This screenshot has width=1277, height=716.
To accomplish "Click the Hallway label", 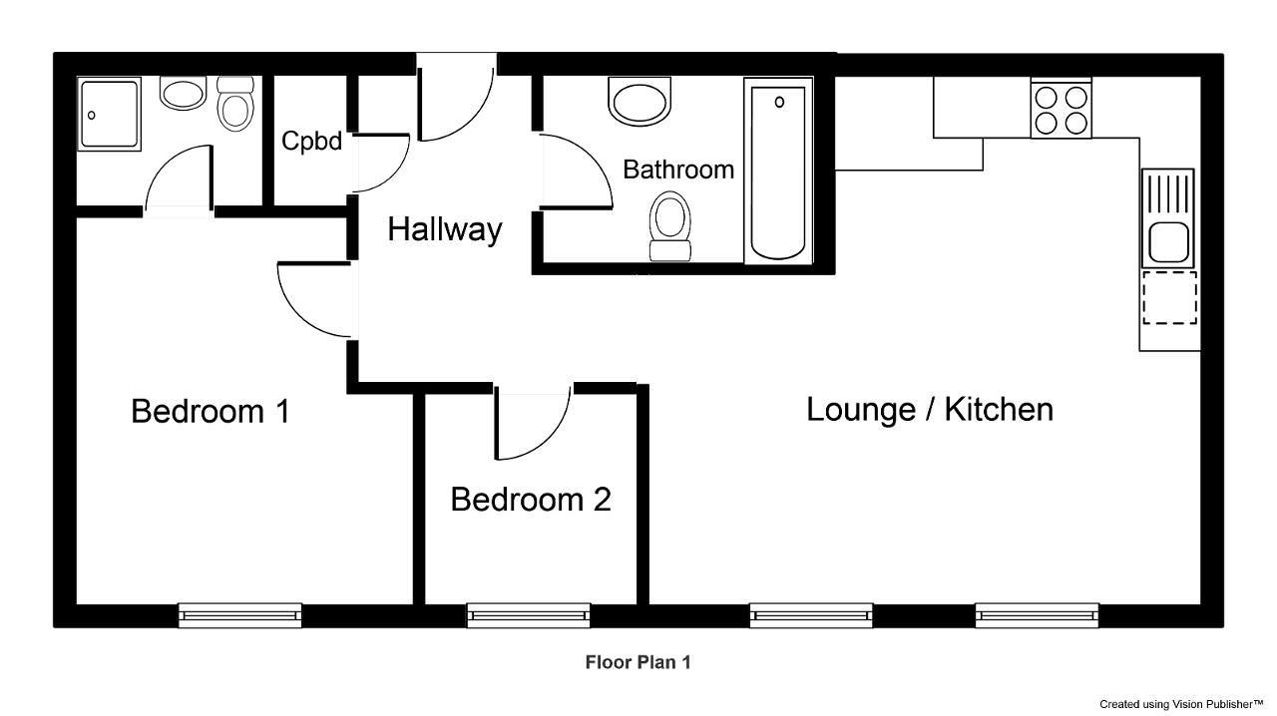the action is (x=445, y=229).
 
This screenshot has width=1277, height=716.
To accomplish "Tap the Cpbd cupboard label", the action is (x=311, y=141).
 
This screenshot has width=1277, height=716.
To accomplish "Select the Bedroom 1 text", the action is (x=211, y=411).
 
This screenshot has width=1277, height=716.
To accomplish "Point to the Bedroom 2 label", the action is (x=531, y=500).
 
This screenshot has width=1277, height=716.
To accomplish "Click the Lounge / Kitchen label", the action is (x=930, y=410).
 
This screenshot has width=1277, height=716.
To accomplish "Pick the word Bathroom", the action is (x=678, y=170).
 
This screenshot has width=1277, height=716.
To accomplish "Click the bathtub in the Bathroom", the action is (x=778, y=171).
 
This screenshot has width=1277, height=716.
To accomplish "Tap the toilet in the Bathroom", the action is (x=670, y=226).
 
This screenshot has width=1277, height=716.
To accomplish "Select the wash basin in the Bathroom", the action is (x=639, y=102).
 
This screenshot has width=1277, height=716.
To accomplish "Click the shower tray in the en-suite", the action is (x=109, y=114).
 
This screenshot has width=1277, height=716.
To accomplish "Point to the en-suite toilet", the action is (x=235, y=104).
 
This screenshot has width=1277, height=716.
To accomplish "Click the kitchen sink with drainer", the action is (x=1168, y=218).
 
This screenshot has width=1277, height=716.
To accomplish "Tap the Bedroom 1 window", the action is (x=240, y=615).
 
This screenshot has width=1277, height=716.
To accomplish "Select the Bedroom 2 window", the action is (x=529, y=615).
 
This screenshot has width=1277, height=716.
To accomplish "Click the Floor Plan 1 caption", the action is (x=638, y=662).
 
